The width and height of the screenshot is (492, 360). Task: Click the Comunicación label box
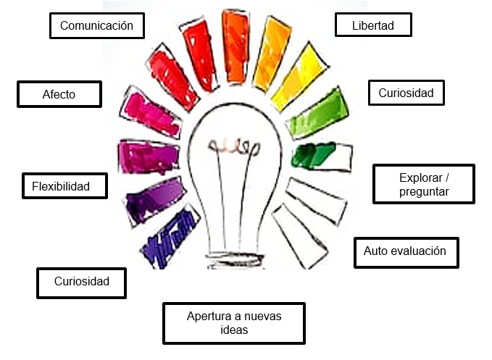[x=96, y=26]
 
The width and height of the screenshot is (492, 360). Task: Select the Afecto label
[x=59, y=94]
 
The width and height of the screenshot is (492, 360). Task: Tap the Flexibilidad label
[x=64, y=186]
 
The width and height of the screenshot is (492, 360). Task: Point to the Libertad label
[x=374, y=25]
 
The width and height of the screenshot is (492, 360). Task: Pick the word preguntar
[x=424, y=192]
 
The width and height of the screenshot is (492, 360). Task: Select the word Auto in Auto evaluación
[x=376, y=251]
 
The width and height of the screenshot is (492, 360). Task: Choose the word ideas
[x=233, y=330]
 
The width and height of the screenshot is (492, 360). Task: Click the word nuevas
[x=263, y=317]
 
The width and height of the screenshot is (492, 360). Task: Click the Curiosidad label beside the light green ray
[x=406, y=93]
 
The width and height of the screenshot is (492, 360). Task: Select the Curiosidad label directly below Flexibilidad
[x=81, y=281]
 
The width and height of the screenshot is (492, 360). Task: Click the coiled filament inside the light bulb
[x=233, y=146]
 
